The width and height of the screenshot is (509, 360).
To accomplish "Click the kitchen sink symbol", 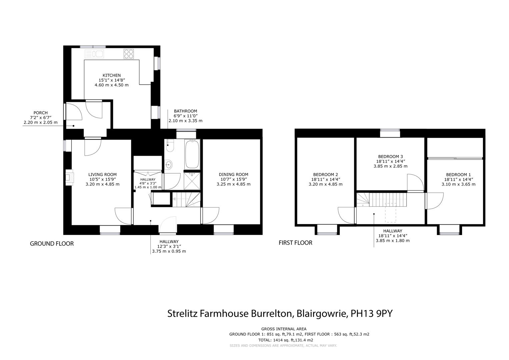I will tap(95, 54).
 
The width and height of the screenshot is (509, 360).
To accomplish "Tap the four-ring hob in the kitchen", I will tap(128, 54).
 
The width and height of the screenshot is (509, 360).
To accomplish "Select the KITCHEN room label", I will tap(111, 75).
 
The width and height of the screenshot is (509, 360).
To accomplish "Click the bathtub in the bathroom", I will tap(192, 155).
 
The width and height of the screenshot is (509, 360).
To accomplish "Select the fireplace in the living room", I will tap(69, 177).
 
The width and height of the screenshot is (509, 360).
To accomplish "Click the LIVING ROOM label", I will tap(102, 174).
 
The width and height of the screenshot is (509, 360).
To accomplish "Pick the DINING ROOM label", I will tap(233, 174).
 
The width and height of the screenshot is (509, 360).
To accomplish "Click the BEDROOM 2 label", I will tap(325, 174).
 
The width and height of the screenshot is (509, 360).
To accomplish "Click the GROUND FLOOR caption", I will tap(52, 244).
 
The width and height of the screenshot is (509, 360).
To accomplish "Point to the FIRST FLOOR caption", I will tap(295, 243).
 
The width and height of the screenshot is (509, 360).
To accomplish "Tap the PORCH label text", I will tap(40, 113).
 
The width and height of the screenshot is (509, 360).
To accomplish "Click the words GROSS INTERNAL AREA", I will tap(283, 329).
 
